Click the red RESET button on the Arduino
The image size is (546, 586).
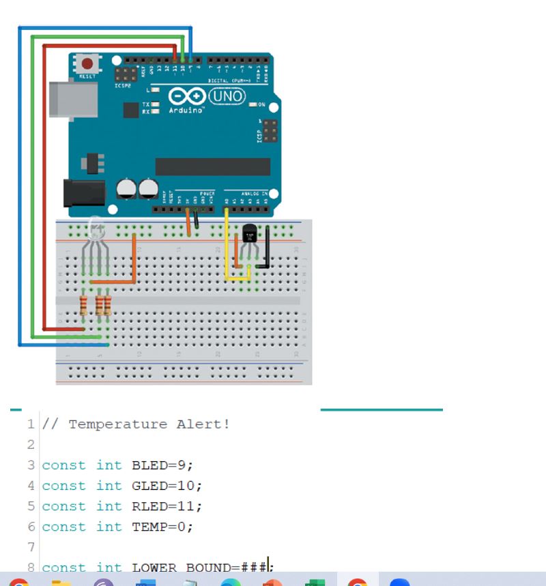pyautogui.click(x=87, y=64)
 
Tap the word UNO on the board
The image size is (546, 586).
pyautogui.click(x=227, y=97)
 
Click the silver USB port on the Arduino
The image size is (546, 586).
pyautogui.click(x=72, y=98)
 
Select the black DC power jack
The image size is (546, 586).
pyautogui.click(x=83, y=192)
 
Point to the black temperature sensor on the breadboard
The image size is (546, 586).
pyautogui.click(x=249, y=234)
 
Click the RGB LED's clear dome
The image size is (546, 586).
pyautogui.click(x=94, y=229)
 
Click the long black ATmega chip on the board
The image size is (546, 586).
pyautogui.click(x=212, y=166)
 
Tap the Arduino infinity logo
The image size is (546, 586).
pyautogui.click(x=185, y=97)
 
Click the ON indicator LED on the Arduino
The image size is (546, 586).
pyautogui.click(x=253, y=104)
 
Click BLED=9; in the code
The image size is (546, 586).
pyautogui.click(x=162, y=465)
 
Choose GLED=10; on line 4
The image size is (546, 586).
pyautogui.click(x=167, y=486)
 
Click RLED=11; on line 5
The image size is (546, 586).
pyautogui.click(x=167, y=506)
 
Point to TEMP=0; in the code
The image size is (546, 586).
pyautogui.click(x=162, y=527)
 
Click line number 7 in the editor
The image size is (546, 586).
pyautogui.click(x=31, y=547)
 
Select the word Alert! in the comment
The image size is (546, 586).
pyautogui.click(x=203, y=424)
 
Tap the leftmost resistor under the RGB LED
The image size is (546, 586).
pyautogui.click(x=83, y=306)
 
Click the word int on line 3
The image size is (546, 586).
pyautogui.click(x=109, y=465)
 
